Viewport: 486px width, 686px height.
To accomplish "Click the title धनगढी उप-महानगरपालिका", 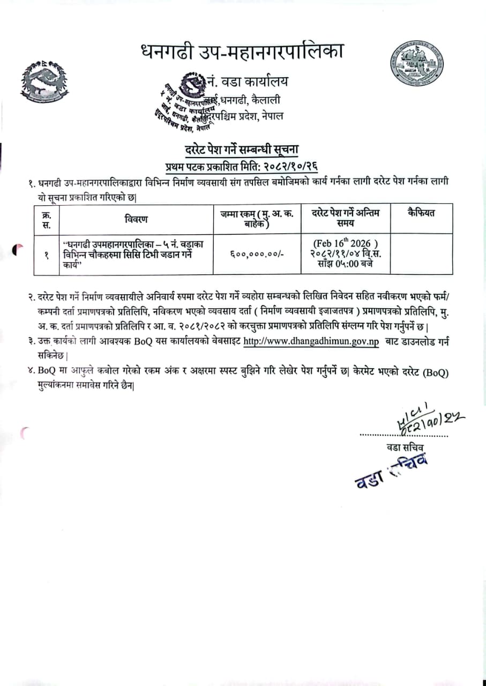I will click(x=241, y=53).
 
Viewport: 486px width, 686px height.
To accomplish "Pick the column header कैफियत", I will click(x=421, y=213).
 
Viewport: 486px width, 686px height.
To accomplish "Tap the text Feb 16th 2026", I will click(x=345, y=243).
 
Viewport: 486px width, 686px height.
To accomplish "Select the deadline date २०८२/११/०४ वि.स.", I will click(x=346, y=253).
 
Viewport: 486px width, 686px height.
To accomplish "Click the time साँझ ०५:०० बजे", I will click(x=346, y=264).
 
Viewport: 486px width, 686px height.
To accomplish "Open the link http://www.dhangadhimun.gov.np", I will click(x=311, y=341).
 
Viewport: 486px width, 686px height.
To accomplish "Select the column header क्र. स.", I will click(x=46, y=219).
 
